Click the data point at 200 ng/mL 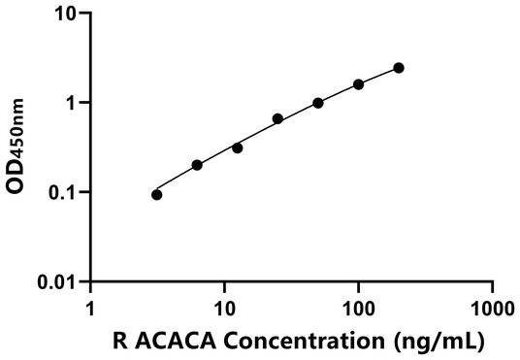(399, 68)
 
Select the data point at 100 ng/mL (358, 84)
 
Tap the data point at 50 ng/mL (318, 103)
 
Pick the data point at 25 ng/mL (277, 118)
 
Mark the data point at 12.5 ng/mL (238, 147)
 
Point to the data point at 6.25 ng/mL (197, 165)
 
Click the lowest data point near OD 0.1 (157, 194)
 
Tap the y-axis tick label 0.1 (66, 192)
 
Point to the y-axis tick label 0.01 (61, 282)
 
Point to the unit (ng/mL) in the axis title (431, 342)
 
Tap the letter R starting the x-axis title (118, 342)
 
